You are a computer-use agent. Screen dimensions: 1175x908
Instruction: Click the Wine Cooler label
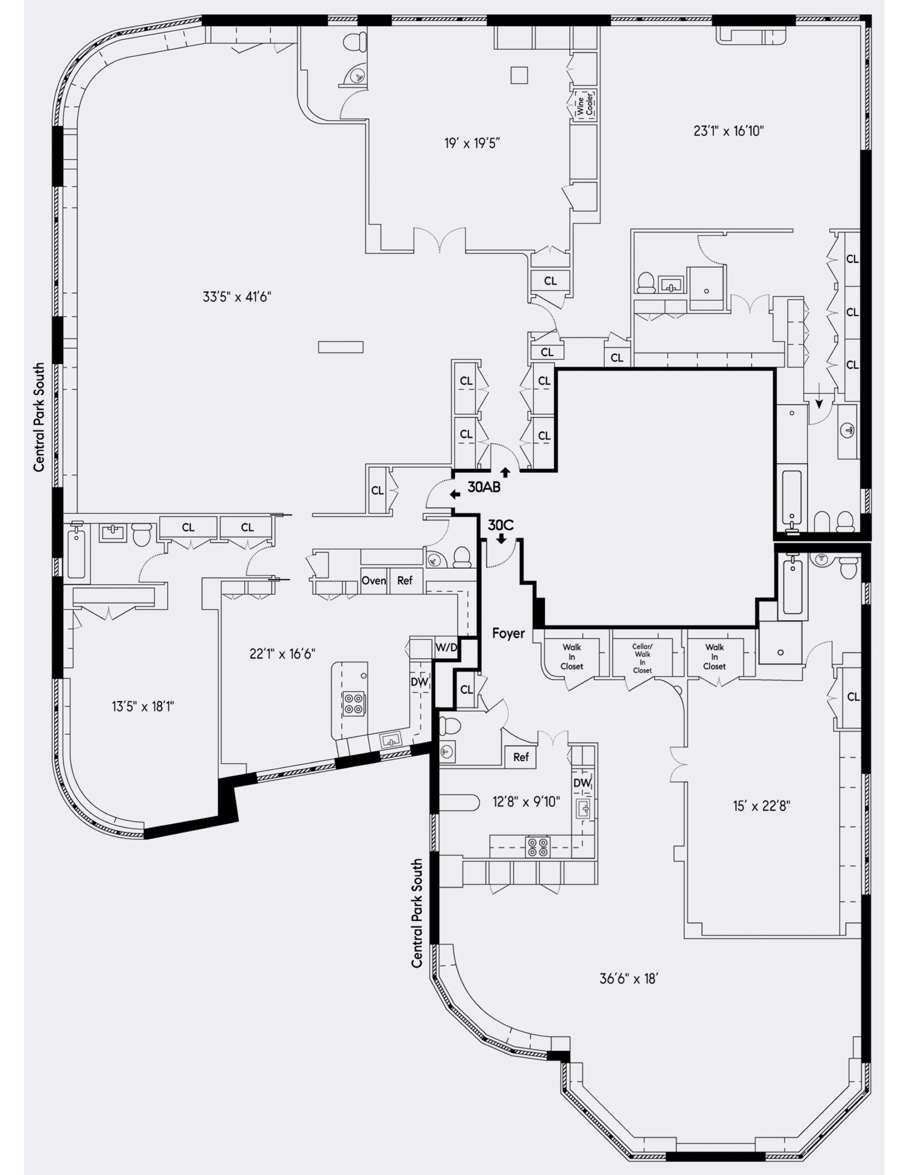coord(585,105)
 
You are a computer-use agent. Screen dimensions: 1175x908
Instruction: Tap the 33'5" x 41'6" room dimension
coord(237,296)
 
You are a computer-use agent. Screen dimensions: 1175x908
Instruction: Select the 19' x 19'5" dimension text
coord(472,143)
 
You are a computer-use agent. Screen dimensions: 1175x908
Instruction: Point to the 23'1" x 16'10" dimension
coord(729,131)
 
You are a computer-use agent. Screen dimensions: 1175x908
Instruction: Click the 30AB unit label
coord(484,487)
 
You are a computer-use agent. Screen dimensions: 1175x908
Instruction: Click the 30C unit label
coord(500,525)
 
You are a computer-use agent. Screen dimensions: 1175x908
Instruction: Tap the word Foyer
coord(508,633)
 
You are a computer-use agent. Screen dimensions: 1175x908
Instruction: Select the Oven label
coord(373,581)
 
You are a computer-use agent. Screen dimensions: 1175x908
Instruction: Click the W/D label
coord(446,648)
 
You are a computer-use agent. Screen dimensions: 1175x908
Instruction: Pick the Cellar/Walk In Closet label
coord(642,659)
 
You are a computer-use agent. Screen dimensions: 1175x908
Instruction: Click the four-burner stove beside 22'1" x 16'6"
coord(354,703)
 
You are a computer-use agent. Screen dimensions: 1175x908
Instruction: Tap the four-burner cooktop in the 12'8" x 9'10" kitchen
coord(538,847)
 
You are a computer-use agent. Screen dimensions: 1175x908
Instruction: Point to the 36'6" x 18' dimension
coord(629,979)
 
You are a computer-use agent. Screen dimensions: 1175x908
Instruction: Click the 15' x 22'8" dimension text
coord(761,806)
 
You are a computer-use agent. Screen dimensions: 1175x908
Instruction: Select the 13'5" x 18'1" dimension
coord(143,706)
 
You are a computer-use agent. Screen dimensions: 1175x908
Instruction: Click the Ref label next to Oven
coord(405,581)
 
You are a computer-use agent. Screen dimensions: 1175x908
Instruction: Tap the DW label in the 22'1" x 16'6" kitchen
coord(419,682)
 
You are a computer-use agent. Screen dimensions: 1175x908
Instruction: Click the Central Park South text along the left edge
coord(39,417)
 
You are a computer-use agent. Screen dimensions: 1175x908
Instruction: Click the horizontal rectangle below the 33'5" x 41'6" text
coord(340,347)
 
